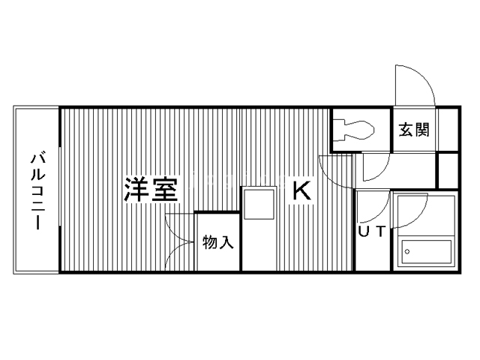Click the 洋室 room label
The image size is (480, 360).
(151, 190)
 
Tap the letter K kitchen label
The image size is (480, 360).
(301, 190)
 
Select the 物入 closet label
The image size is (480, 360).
(218, 241)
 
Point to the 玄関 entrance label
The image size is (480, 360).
(414, 130)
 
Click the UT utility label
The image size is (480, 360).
(371, 232)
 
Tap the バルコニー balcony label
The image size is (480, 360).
(37, 191)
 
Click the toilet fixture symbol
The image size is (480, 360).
(353, 130)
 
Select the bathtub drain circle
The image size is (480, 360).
(407, 252)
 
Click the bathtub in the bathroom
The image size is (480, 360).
(426, 252)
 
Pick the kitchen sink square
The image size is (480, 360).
(259, 204)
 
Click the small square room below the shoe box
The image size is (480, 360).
(448, 170)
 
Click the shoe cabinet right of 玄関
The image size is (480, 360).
(448, 130)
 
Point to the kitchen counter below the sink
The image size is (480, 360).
(260, 245)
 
